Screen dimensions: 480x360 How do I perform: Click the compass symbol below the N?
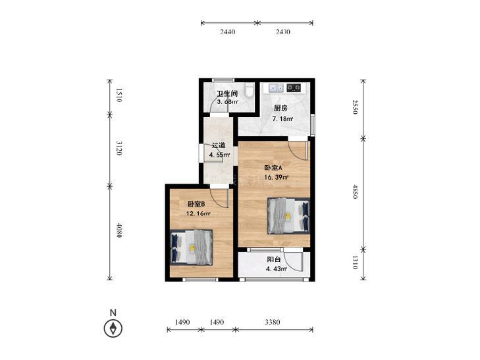pos(113,328)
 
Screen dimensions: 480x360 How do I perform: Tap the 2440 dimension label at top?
pos(227,32)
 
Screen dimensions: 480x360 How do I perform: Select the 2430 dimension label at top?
pos(282,32)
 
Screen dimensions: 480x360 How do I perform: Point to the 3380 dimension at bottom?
pos(272,322)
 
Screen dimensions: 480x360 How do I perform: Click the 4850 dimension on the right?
pos(355,192)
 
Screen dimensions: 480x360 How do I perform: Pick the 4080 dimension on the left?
pos(119,230)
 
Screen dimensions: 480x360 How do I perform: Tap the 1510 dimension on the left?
pos(119,95)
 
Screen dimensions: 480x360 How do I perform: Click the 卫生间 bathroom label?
pos(227,93)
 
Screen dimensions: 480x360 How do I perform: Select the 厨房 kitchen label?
pos(280,108)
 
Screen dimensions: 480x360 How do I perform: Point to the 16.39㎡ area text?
pos(277,177)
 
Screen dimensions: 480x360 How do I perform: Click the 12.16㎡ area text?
pos(198,213)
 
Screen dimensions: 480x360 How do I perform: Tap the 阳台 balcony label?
pos(274,259)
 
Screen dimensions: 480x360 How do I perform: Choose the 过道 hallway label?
pos(219,145)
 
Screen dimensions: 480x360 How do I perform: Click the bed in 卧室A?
pos(288,216)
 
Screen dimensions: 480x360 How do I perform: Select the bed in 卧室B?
pos(192,247)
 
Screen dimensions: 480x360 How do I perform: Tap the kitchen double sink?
pos(277,88)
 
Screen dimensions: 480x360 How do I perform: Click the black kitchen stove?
pos(294,88)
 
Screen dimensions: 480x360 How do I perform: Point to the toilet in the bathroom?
pos(250,90)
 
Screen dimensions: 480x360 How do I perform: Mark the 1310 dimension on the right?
pos(355,262)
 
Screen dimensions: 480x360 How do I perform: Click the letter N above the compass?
pos(113,313)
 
